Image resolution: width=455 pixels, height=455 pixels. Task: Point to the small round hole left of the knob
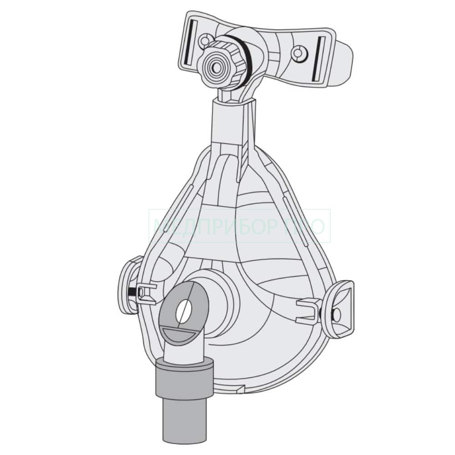[204, 40]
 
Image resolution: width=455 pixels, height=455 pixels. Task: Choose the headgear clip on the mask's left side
[130, 285]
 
